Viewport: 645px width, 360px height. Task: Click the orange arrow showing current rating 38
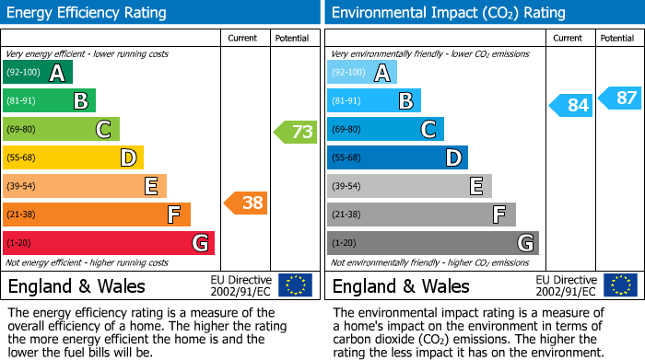point(246,203)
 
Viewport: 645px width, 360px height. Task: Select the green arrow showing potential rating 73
point(295,132)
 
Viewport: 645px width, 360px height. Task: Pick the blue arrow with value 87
point(619,98)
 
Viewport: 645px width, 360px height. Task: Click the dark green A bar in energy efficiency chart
point(38,73)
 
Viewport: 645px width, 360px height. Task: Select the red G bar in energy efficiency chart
point(109,243)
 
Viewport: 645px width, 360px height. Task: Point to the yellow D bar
point(74,157)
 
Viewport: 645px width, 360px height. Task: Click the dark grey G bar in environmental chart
point(433,243)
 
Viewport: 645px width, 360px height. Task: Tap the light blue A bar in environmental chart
point(362,73)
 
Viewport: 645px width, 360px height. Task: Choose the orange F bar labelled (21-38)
point(97,215)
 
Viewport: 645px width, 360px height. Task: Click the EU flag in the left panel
point(295,285)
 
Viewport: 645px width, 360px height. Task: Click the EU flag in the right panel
point(619,285)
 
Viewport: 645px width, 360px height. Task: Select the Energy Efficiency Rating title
point(88,13)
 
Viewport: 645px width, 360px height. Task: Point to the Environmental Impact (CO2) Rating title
point(448,13)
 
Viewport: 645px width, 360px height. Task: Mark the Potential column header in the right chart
point(617,38)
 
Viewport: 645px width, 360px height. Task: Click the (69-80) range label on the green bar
point(21,130)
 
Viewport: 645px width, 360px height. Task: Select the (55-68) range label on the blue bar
point(346,158)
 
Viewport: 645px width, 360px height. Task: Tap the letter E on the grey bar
point(475,186)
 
